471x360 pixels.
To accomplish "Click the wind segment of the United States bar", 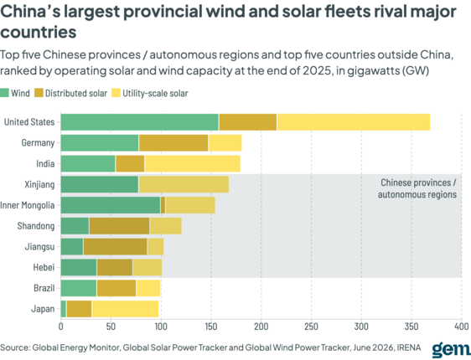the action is click(x=140, y=122).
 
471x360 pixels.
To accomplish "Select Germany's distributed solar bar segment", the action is click(x=173, y=143).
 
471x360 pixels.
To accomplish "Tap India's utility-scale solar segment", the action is click(x=193, y=163).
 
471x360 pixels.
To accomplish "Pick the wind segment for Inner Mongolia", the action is click(x=111, y=205).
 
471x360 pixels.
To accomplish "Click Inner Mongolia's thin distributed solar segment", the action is click(x=163, y=205).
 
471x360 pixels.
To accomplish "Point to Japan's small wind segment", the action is click(x=64, y=309).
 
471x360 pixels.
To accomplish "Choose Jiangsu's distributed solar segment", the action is click(x=115, y=247).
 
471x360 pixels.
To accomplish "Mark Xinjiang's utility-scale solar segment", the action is click(x=184, y=184).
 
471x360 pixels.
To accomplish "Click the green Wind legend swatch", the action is click(x=4, y=93).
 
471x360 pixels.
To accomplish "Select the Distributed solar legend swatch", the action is click(x=39, y=93).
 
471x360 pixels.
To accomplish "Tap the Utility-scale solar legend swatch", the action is click(x=116, y=93).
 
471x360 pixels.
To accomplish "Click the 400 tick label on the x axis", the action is click(x=462, y=327).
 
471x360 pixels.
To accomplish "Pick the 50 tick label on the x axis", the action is click(x=111, y=327).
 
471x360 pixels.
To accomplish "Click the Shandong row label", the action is click(x=36, y=226).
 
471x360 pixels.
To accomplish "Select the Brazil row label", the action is click(x=44, y=288).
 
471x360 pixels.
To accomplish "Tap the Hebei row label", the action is click(x=44, y=267).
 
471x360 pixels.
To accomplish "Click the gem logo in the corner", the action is click(x=451, y=348).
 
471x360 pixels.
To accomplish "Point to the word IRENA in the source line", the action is click(x=409, y=347).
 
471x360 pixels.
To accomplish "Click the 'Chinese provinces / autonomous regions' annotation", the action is click(x=417, y=188).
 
